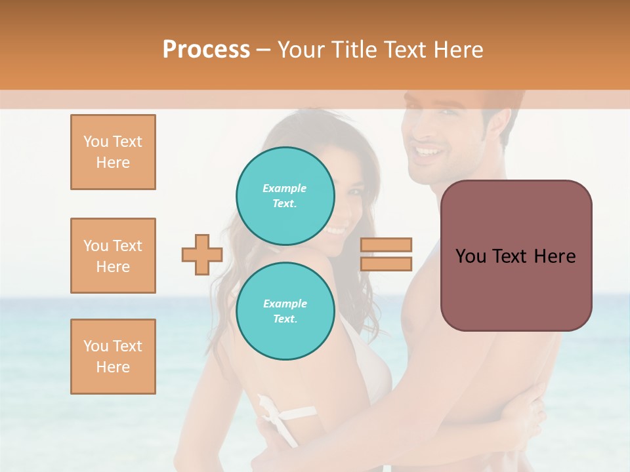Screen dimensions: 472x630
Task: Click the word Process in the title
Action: pos(206,50)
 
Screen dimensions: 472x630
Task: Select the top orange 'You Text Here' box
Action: pos(113,152)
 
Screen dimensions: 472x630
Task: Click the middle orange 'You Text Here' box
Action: pos(113,256)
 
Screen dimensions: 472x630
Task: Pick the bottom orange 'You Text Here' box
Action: pos(113,357)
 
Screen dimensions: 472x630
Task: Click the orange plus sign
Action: pos(202,255)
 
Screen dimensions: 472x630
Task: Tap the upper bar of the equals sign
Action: pos(387,245)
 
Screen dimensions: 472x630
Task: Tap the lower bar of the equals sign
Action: pos(387,264)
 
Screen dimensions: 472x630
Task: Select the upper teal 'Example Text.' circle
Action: pos(285,195)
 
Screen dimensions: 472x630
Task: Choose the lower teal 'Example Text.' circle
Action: pos(285,311)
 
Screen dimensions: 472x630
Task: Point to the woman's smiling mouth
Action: pos(337,229)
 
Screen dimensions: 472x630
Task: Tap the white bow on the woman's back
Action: pos(276,412)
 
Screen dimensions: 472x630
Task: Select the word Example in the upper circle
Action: pos(285,188)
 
